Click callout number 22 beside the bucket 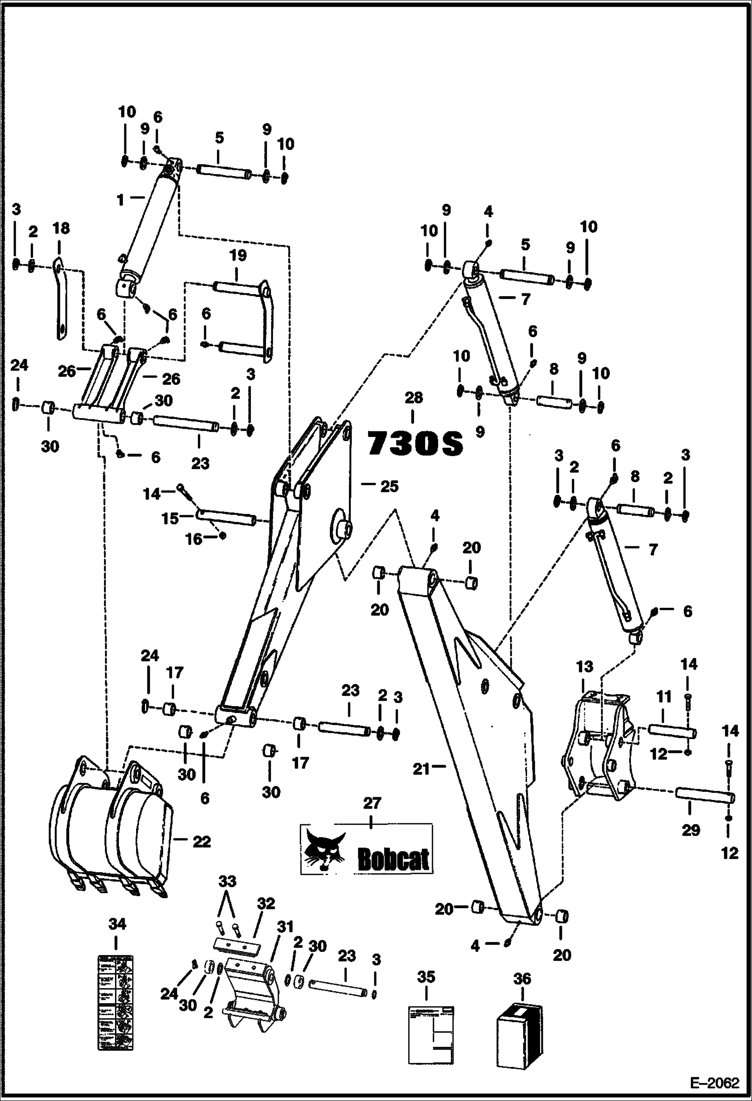point(201,842)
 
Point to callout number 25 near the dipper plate point(389,486)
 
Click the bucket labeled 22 point(110,836)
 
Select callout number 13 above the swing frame point(584,667)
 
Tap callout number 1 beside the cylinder point(120,200)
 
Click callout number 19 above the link point(238,255)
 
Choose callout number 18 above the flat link point(61,229)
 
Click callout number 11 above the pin point(664,698)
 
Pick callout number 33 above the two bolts point(227,882)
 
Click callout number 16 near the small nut point(194,539)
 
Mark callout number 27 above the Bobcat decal point(371,803)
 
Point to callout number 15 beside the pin point(170,518)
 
